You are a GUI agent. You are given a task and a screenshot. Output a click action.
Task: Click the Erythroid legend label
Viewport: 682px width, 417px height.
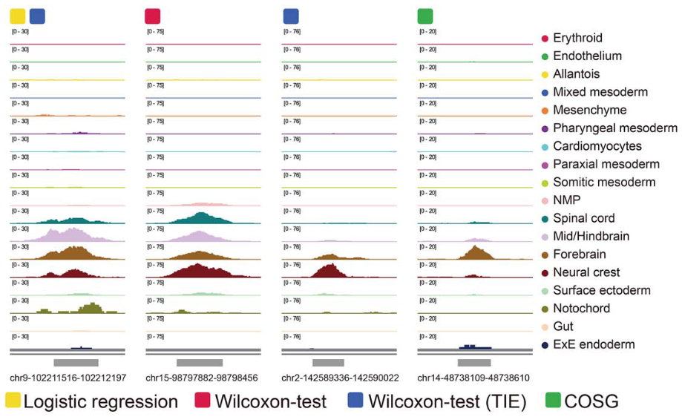pos(577,38)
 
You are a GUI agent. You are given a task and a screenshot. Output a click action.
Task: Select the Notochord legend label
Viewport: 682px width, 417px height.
pos(581,309)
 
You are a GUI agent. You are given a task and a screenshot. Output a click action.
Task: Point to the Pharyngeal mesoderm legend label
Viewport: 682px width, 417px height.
pos(614,128)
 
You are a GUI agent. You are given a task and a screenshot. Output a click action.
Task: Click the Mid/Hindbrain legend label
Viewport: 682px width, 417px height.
pos(591,237)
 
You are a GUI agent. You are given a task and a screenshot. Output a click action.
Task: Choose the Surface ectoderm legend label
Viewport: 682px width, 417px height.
pos(601,290)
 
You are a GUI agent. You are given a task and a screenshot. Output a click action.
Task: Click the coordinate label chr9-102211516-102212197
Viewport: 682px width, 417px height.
pos(68,378)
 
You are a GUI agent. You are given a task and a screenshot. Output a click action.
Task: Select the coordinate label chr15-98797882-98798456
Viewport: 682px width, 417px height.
pos(202,378)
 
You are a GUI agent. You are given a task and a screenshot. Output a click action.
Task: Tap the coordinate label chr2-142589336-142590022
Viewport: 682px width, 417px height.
pos(340,378)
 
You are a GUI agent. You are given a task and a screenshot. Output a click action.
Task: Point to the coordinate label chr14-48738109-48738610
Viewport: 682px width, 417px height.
pos(473,378)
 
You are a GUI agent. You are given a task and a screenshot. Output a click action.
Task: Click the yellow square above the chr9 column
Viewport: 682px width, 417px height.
pos(17,16)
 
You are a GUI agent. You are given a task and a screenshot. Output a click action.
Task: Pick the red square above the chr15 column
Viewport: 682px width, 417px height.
pos(153,16)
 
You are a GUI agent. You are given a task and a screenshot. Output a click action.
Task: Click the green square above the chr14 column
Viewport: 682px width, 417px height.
pos(425,16)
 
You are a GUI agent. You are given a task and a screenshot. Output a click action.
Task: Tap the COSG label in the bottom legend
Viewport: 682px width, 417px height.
pos(591,402)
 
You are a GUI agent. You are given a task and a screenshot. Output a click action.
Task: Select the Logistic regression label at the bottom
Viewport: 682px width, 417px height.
pos(101,402)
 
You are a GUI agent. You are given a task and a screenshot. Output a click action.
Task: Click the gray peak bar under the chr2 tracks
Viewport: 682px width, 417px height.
pos(328,363)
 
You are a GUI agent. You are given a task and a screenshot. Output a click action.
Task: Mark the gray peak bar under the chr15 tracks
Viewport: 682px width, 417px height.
pos(200,363)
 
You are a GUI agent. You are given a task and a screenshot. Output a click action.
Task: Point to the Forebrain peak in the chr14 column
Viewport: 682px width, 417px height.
pos(476,253)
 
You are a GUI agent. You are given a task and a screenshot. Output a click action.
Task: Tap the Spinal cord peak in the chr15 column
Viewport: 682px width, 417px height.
pos(200,218)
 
